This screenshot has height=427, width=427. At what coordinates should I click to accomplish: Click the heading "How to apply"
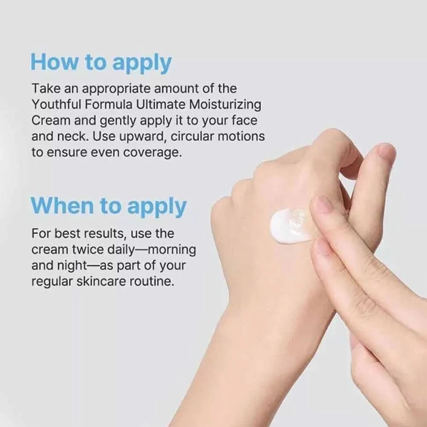101,63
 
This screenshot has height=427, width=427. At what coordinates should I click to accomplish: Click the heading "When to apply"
108,206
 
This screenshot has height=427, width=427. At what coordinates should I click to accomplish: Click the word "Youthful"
56,105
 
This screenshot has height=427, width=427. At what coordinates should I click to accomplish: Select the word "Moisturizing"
225,105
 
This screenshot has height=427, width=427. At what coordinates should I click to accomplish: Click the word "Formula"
109,105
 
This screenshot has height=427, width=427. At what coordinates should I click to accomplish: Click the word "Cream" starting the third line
51,120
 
